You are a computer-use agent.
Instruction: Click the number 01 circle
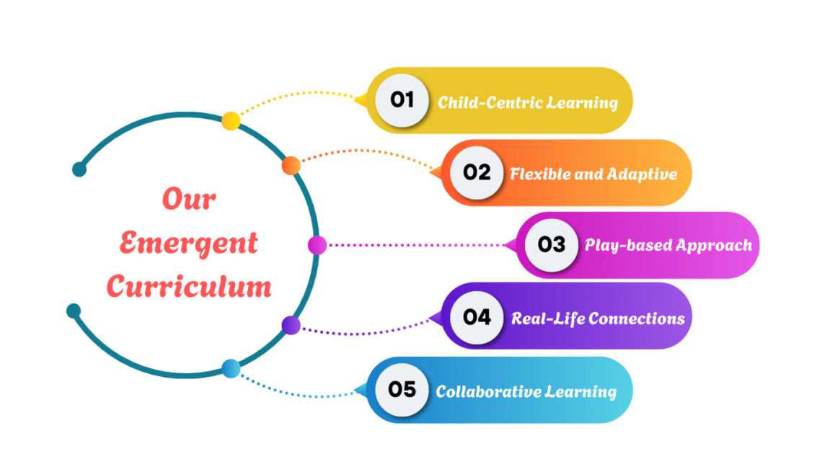pos(402,100)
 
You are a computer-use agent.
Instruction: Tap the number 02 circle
pos(476,172)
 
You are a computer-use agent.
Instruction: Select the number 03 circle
pos(551,244)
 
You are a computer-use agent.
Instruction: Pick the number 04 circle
pos(476,317)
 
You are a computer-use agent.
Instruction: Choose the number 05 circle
pos(402,389)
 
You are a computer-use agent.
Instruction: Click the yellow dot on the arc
pos(231,121)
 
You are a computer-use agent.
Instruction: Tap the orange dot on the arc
pos(291,166)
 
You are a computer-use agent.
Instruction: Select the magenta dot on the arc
pos(317,245)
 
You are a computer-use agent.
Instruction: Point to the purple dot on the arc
pos(291,325)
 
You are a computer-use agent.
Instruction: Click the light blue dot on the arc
pos(231,368)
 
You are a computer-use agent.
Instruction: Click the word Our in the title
pos(189,200)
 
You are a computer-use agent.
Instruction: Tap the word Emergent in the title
pos(189,244)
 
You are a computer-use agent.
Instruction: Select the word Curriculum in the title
pos(189,286)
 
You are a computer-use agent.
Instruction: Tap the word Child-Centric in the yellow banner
pos(489,102)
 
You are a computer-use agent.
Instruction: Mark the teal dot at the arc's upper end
pos(79,169)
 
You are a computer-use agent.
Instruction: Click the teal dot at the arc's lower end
pos(74,311)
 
